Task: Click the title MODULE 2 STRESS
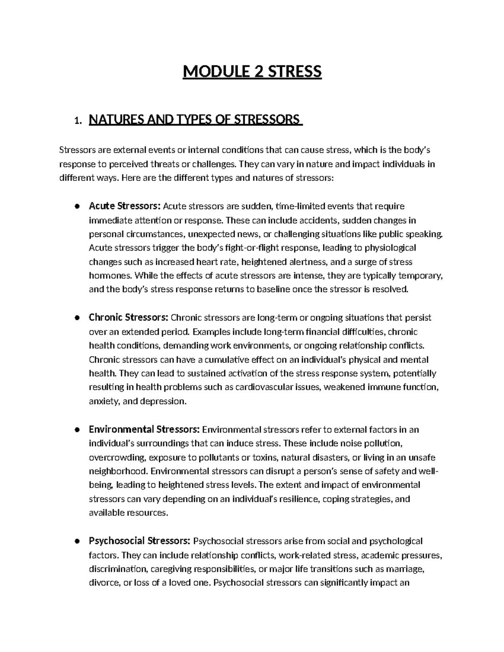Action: click(x=252, y=72)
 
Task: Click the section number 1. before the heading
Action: click(x=76, y=121)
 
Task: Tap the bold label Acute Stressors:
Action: click(x=125, y=206)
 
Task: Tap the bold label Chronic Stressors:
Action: click(x=129, y=317)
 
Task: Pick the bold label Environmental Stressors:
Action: click(x=144, y=429)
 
